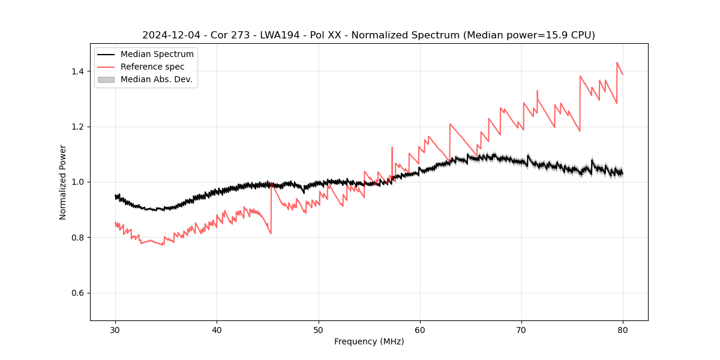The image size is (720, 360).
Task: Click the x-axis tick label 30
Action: click(x=115, y=330)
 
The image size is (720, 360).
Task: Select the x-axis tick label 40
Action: click(x=217, y=330)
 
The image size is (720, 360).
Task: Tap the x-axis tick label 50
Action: click(x=318, y=330)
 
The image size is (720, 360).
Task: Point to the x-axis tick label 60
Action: click(x=420, y=330)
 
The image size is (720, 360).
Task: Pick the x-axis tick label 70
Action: click(x=521, y=330)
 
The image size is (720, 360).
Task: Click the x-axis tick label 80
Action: click(x=623, y=330)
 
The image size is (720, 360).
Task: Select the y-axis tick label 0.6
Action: click(x=79, y=293)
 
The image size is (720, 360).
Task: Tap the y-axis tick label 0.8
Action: click(x=79, y=238)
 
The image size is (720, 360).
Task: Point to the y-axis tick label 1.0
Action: click(x=79, y=182)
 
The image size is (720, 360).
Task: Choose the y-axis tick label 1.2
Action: click(x=79, y=127)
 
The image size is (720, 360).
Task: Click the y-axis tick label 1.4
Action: click(x=79, y=71)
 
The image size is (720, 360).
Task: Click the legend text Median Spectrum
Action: click(x=157, y=55)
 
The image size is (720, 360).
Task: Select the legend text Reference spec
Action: click(x=152, y=67)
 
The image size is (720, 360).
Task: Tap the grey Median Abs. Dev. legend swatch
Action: click(x=106, y=79)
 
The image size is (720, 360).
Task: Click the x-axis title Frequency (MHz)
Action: click(x=369, y=341)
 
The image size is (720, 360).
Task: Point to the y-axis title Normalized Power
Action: click(x=62, y=182)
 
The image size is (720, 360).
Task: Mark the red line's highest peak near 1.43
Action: click(x=617, y=62)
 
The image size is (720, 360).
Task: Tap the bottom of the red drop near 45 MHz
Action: click(x=271, y=233)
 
